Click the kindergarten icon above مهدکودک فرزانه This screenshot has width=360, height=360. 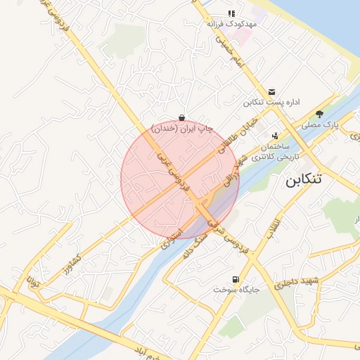point(231,13)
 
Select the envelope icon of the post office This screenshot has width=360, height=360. point(272,92)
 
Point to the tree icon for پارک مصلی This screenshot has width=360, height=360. point(320,114)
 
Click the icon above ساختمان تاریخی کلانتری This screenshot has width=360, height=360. point(274,136)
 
